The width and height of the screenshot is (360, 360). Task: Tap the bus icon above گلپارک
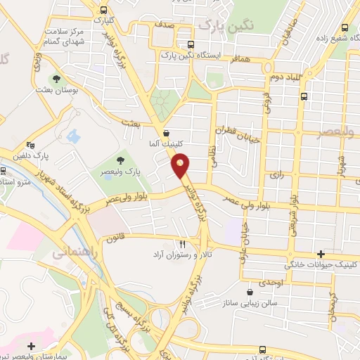pyautogui.click(x=104, y=10)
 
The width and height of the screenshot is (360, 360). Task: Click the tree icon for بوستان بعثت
pyautogui.click(x=56, y=79)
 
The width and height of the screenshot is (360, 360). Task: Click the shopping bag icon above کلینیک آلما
pyautogui.click(x=165, y=131)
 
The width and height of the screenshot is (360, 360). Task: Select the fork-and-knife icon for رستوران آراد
pyautogui.click(x=182, y=242)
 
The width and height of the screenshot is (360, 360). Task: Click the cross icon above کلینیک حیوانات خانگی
pyautogui.click(x=321, y=254)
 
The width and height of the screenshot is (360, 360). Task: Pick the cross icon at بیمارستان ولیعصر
pyautogui.click(x=31, y=346)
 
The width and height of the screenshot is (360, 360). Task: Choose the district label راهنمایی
pyautogui.click(x=70, y=253)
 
